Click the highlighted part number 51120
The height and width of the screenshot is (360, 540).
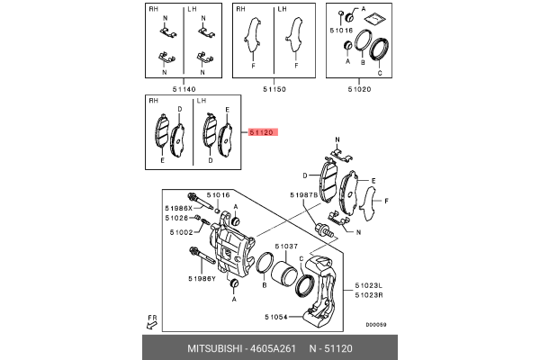click(262, 131)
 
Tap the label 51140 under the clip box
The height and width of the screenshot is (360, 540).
click(184, 88)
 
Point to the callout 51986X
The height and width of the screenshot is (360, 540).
click(178, 206)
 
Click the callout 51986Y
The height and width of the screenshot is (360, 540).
click(202, 280)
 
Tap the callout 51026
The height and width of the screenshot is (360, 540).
click(177, 218)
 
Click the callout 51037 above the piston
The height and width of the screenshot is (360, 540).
click(285, 246)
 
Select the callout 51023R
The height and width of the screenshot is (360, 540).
click(369, 296)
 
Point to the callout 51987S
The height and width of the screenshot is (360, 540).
click(303, 193)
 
